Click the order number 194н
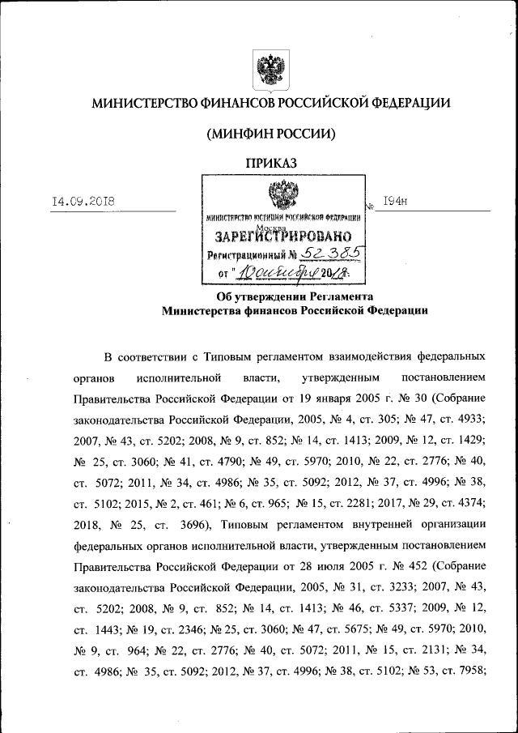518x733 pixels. [x=394, y=202]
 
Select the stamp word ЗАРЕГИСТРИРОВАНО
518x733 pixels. [x=282, y=237]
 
